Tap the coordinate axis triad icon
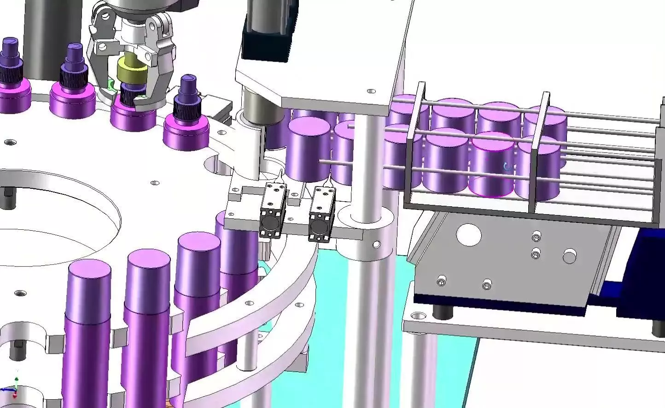click(15, 387)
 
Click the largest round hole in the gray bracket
click(469, 235)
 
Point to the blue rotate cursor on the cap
click(507, 167)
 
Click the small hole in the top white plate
click(370, 92)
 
